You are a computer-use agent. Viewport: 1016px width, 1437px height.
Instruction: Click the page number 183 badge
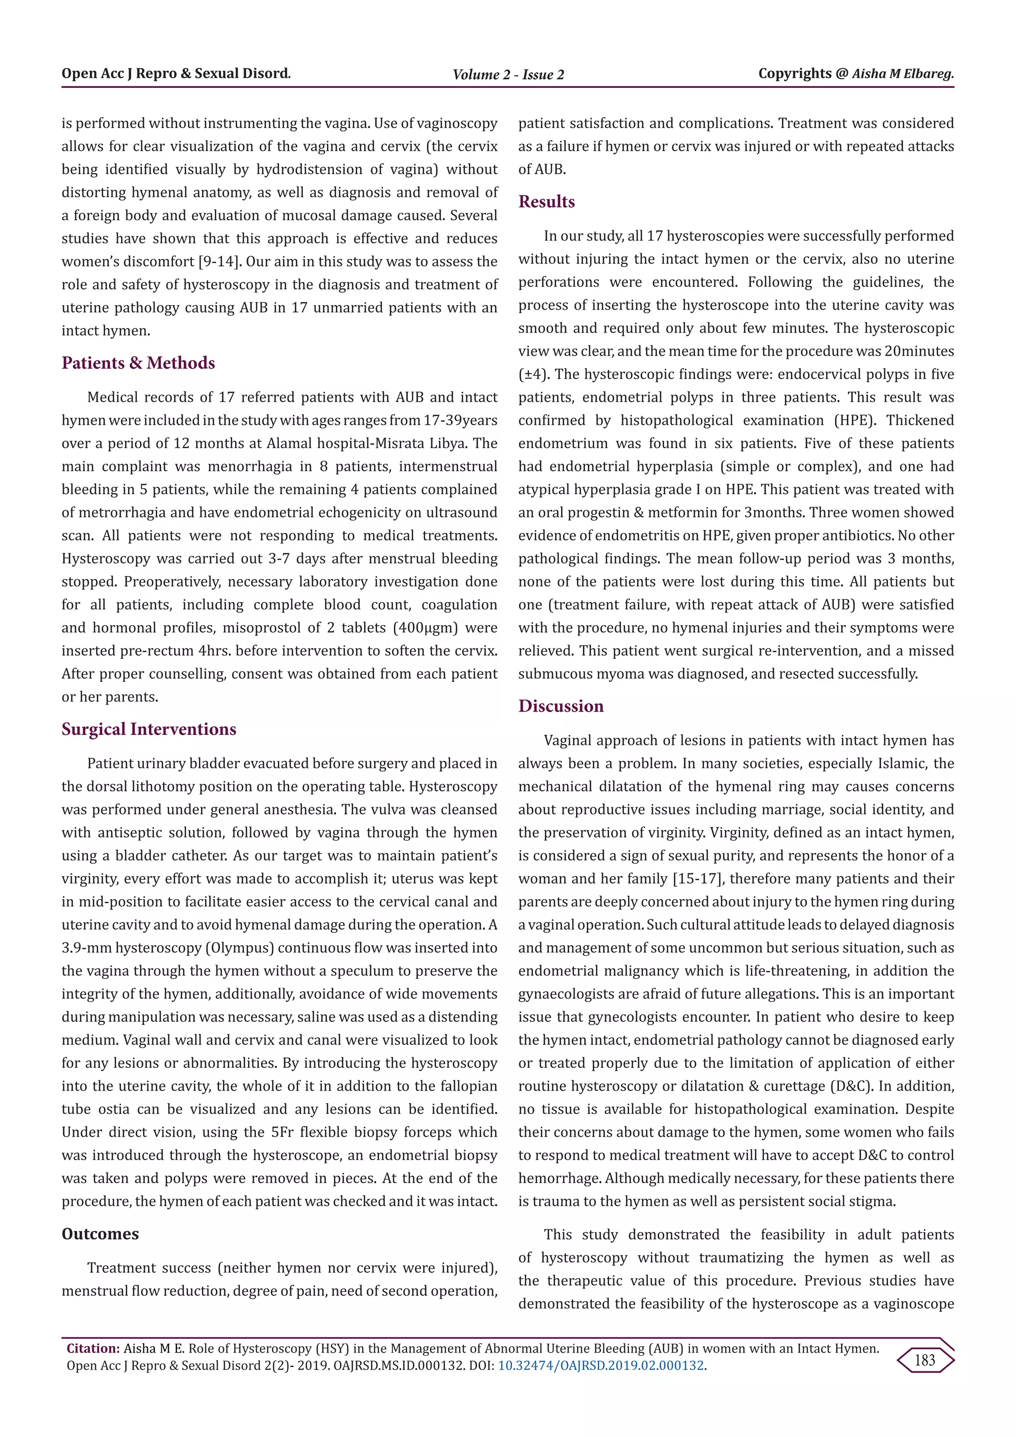tap(925, 1360)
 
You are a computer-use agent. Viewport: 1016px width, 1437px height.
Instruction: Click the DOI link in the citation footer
tap(601, 1366)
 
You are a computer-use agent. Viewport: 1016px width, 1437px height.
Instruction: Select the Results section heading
tap(546, 201)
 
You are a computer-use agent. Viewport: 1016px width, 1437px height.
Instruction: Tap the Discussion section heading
tap(561, 706)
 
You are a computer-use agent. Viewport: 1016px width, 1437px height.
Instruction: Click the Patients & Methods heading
tap(138, 363)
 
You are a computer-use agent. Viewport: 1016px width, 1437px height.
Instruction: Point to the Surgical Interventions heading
tap(149, 729)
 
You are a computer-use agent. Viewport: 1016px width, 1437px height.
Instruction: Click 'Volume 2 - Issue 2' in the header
tap(508, 75)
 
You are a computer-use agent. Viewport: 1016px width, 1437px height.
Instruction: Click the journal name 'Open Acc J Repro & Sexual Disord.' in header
tap(176, 74)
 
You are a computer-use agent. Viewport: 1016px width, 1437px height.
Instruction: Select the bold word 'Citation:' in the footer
tap(93, 1349)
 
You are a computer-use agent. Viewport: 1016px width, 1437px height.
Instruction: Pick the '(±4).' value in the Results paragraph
tap(534, 374)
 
